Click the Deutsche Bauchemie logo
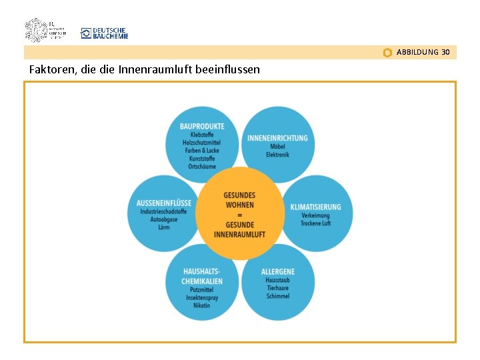104,33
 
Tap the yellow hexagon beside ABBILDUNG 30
387,53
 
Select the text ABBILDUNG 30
423,52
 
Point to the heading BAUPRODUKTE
202,126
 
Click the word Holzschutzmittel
201,143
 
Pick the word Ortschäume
202,167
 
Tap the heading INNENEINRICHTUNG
277,138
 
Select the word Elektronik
277,155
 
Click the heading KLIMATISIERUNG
315,207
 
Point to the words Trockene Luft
315,223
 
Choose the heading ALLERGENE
277,271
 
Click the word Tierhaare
277,288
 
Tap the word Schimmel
277,296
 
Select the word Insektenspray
202,297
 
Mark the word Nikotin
202,305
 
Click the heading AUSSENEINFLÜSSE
163,203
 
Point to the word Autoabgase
163,219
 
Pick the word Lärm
163,227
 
